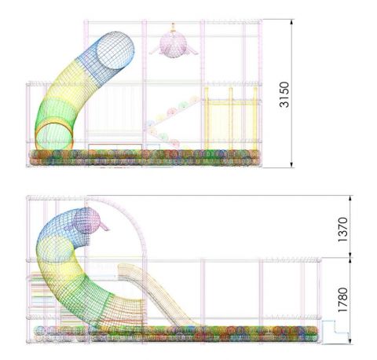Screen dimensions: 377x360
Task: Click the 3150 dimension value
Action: [x=284, y=94]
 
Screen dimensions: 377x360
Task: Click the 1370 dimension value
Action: [x=342, y=230]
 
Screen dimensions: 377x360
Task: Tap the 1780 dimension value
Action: [x=342, y=299]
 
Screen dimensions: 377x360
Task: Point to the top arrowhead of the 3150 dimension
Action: [x=292, y=23]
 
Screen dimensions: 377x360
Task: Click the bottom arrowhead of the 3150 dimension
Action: [x=292, y=164]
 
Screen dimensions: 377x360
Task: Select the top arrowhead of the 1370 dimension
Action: [x=350, y=199]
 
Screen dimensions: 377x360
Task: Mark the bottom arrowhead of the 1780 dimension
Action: [x=350, y=340]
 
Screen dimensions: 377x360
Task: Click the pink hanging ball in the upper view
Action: [x=173, y=44]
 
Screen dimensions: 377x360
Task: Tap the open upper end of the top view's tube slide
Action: [x=115, y=50]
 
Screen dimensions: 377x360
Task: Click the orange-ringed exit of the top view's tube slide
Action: [x=54, y=135]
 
